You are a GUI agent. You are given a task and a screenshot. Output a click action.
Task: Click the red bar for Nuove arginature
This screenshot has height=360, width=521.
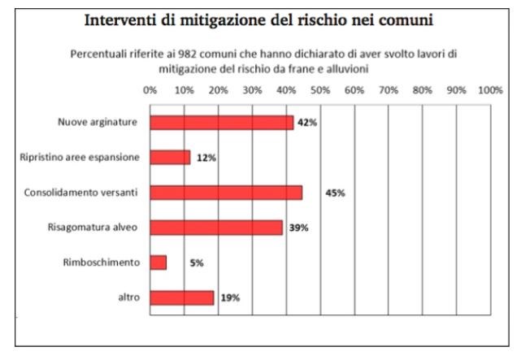point(222,123)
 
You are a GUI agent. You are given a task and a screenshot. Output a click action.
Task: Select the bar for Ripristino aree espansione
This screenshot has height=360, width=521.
point(171,158)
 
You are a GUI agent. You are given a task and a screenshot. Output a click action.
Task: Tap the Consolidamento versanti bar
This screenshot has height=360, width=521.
point(227,193)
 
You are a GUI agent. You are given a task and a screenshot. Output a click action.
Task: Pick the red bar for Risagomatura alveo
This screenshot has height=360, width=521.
point(217,228)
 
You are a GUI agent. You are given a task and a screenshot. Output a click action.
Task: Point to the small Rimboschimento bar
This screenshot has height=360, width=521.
point(158,262)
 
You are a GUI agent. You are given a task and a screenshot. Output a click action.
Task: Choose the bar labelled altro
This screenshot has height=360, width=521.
point(183,297)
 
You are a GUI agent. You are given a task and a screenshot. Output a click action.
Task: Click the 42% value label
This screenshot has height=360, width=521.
point(306,123)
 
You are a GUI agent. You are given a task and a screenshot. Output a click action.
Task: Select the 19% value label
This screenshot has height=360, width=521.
point(230,298)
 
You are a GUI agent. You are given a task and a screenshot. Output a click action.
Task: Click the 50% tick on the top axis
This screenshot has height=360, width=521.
point(319,90)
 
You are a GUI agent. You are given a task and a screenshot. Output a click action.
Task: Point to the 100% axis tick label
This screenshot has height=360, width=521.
point(490,90)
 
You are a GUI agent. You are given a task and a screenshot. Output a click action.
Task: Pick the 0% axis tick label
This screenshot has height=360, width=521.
point(150,90)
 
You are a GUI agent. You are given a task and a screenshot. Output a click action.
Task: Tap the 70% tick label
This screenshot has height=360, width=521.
point(388,90)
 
